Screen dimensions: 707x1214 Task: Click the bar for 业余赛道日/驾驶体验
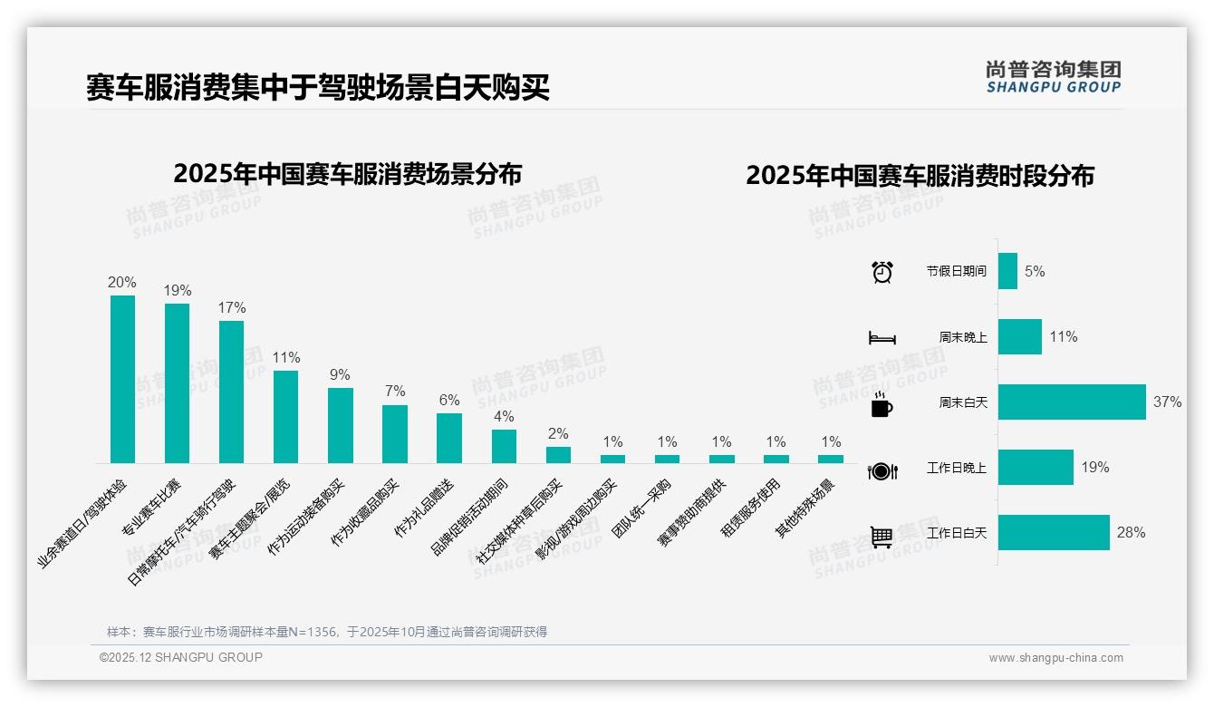[122, 379]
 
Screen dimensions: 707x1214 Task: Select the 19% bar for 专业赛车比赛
[177, 383]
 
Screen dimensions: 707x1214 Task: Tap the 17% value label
[231, 308]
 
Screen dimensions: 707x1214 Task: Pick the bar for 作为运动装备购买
[341, 425]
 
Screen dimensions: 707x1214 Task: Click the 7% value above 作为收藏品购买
[395, 392]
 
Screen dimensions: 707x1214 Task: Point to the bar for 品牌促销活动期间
[504, 446]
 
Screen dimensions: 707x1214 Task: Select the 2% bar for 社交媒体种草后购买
[558, 454]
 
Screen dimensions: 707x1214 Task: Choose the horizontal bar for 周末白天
[1072, 402]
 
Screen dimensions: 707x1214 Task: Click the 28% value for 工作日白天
[1131, 533]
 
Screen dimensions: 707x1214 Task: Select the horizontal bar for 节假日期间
[1007, 271]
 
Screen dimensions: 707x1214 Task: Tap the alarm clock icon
[882, 272]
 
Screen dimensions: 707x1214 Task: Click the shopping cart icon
[882, 537]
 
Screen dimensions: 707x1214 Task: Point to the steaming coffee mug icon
[882, 404]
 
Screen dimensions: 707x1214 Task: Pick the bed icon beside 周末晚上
[882, 338]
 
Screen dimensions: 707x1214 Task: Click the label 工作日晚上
[956, 469]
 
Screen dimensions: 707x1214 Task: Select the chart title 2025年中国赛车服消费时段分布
[920, 175]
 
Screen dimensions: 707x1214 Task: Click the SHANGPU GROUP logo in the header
[1053, 77]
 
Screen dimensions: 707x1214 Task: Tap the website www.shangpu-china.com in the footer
[1055, 658]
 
